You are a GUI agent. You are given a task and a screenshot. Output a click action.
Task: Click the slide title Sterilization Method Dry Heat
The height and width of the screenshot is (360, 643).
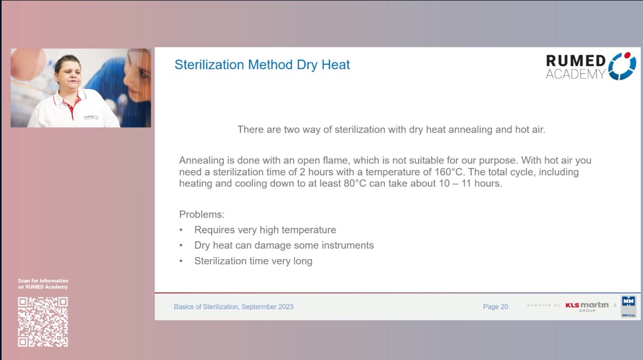[x=262, y=65]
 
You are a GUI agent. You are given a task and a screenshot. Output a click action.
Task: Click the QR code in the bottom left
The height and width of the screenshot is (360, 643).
[x=43, y=322]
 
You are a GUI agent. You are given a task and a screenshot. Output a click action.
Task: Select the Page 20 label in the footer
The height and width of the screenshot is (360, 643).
[x=495, y=307]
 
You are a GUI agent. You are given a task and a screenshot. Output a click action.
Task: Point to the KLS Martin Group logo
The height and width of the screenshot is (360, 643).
[x=587, y=306]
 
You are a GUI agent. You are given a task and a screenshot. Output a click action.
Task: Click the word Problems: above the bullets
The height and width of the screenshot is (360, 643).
[x=202, y=214]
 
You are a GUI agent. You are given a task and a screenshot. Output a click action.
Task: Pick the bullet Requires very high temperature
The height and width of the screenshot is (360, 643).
[x=265, y=230]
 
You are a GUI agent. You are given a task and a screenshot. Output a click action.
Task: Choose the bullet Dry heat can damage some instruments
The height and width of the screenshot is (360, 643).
[x=283, y=245]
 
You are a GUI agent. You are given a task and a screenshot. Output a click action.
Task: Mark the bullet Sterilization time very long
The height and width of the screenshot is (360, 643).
[x=253, y=261]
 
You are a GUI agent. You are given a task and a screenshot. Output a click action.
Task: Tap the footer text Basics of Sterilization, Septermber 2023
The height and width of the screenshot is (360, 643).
[x=233, y=307]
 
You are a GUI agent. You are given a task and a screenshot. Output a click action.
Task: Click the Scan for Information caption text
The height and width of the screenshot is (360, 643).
[x=43, y=281]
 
